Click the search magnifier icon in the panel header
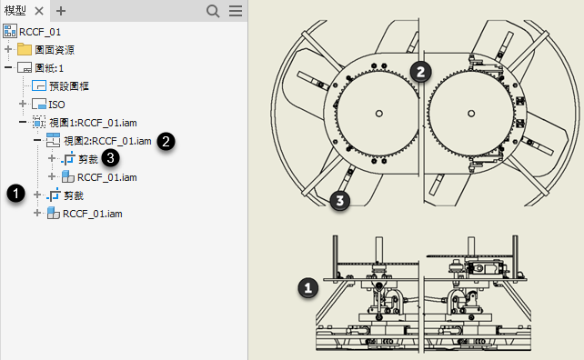click(213, 11)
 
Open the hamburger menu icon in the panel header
click(236, 11)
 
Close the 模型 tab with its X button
click(39, 11)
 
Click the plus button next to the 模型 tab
click(61, 11)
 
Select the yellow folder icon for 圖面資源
click(25, 49)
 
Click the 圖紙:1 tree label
click(49, 68)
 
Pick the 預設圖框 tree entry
click(69, 86)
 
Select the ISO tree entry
click(56, 105)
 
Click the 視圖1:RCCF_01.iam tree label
click(93, 123)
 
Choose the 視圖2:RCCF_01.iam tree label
click(107, 141)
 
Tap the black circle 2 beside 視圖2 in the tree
click(166, 142)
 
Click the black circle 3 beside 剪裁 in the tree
click(110, 158)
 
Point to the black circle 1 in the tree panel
click(15, 194)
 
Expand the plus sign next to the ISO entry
click(23, 104)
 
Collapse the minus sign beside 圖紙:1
click(8, 68)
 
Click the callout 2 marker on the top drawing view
click(420, 72)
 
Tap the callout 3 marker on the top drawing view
click(339, 201)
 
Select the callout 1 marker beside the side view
click(308, 288)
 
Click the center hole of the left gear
click(378, 113)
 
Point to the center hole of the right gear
click(471, 113)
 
